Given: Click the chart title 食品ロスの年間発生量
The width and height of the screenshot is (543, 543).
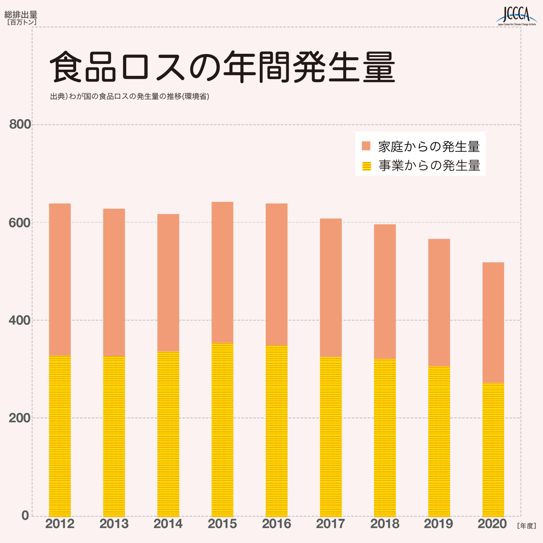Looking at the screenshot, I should pos(222,67).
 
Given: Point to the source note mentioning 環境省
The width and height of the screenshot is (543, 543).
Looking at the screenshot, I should pos(130,97).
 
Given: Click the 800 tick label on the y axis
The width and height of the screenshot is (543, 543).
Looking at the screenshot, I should pos(20,124).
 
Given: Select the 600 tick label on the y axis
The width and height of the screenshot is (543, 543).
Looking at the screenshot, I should pos(20,223).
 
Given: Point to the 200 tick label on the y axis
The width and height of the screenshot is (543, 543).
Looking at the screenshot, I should pos(20,418).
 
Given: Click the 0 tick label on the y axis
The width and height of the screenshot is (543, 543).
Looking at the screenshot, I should pos(25,515).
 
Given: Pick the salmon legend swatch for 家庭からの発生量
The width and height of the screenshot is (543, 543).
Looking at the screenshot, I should pos(366,146).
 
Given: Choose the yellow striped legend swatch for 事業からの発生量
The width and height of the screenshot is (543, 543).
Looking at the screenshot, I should pos(366,166).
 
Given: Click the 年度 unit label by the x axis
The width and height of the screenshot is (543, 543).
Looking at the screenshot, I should pos(526,526).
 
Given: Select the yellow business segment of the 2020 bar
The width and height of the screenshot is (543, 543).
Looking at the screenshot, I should pos(493,450).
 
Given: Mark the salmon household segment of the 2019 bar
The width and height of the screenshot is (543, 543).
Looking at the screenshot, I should pos(439,303).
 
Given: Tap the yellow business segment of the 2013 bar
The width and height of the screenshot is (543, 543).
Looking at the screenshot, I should pos(114,436).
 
